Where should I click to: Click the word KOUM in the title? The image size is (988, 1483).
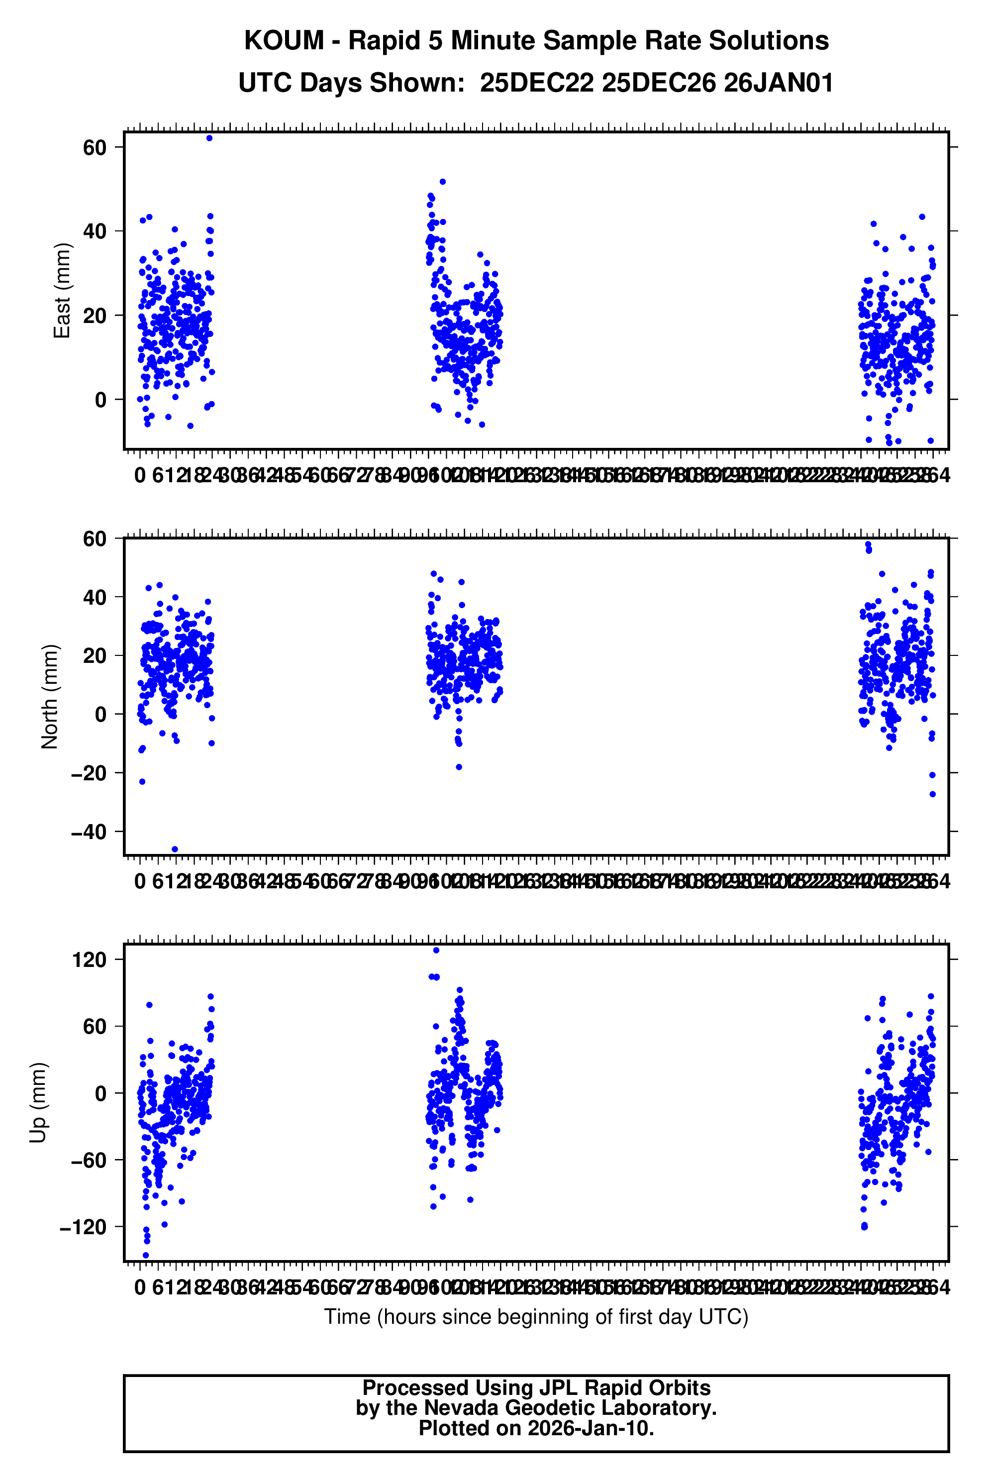(284, 41)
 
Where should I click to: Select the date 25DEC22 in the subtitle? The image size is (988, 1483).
(536, 83)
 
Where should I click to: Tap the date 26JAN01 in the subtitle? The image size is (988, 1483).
(778, 83)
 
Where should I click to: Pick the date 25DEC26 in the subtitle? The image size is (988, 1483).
(658, 83)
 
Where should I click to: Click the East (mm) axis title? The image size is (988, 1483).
(62, 291)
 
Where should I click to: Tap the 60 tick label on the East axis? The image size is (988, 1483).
(95, 147)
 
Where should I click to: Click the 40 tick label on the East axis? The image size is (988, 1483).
(95, 231)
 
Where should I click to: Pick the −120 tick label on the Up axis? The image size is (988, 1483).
(83, 1227)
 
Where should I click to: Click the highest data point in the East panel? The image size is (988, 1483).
(209, 138)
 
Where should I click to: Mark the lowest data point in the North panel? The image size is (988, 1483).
(175, 849)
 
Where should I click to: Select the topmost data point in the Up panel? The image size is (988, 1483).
(436, 950)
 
